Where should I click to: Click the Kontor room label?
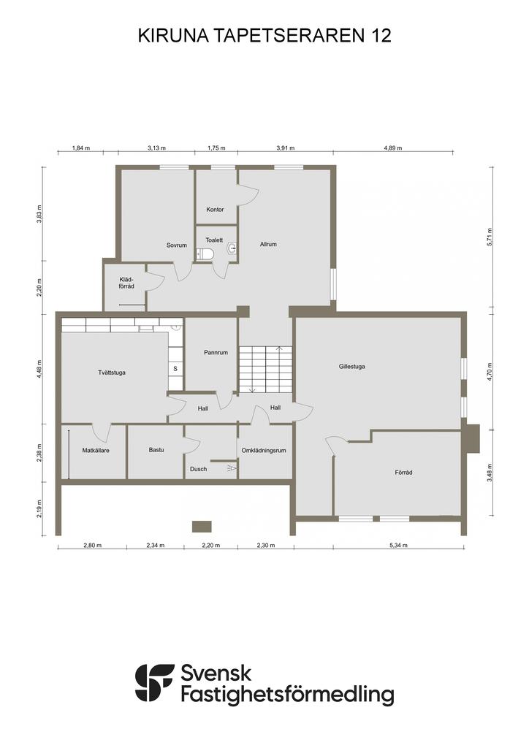click(215, 210)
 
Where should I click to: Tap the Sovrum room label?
click(177, 245)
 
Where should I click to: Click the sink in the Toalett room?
click(232, 248)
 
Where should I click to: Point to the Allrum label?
click(268, 244)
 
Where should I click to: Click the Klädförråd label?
click(126, 283)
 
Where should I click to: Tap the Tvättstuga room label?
click(112, 373)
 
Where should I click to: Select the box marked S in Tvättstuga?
click(175, 369)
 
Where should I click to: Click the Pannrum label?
click(216, 353)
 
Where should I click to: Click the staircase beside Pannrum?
click(265, 370)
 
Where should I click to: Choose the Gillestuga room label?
click(352, 367)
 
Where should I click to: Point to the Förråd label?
click(403, 473)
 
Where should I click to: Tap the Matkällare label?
click(96, 450)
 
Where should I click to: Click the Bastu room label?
click(156, 450)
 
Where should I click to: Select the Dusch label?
click(199, 469)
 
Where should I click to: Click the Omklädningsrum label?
click(264, 450)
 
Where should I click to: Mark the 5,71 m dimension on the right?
click(490, 237)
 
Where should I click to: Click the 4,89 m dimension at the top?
click(393, 148)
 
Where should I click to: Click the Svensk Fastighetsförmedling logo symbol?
click(155, 683)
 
